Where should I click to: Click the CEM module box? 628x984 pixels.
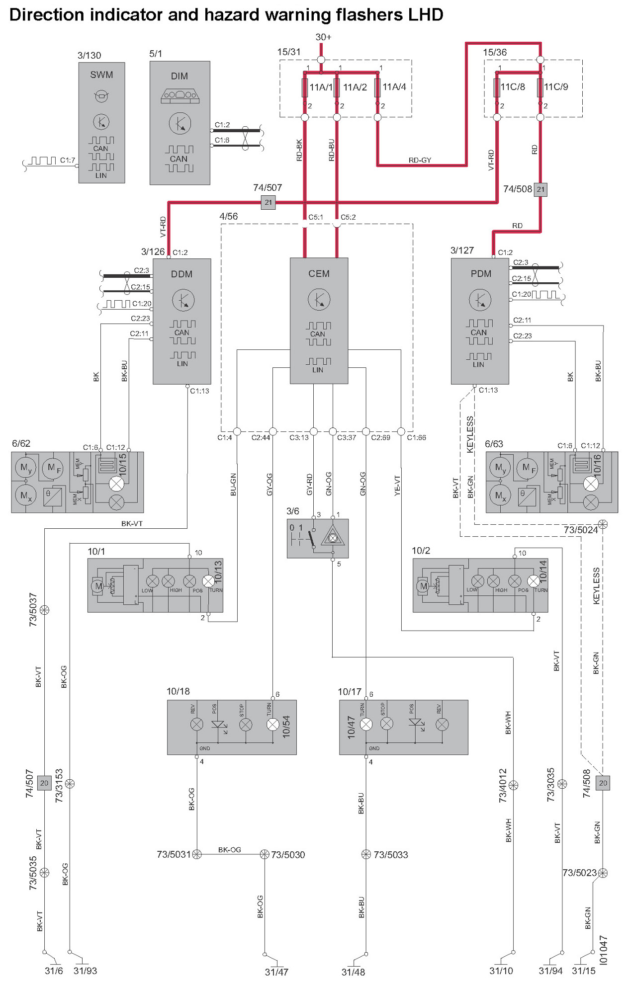point(319,321)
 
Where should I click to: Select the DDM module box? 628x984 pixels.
point(182,321)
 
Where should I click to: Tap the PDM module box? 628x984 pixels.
point(480,321)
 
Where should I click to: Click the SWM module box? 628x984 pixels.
point(101,122)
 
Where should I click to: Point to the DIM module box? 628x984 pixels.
point(179,123)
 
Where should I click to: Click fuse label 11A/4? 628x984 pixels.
point(394,87)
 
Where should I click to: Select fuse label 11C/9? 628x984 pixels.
point(556,87)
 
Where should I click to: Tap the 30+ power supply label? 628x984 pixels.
point(323,37)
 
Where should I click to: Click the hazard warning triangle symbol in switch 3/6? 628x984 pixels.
point(333,538)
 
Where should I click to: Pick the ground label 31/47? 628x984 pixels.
point(276,972)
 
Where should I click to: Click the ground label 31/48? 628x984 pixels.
point(353,972)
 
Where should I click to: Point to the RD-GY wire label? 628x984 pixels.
point(420,160)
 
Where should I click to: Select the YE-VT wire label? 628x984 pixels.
point(397,486)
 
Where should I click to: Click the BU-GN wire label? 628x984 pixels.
point(233,485)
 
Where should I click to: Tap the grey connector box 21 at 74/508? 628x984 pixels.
point(540,189)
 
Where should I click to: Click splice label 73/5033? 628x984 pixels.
point(391,855)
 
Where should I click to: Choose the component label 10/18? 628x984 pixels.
point(178,691)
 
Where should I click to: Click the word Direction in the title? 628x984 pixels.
point(47,15)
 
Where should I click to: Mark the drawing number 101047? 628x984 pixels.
point(603,950)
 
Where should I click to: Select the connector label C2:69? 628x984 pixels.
point(380,438)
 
